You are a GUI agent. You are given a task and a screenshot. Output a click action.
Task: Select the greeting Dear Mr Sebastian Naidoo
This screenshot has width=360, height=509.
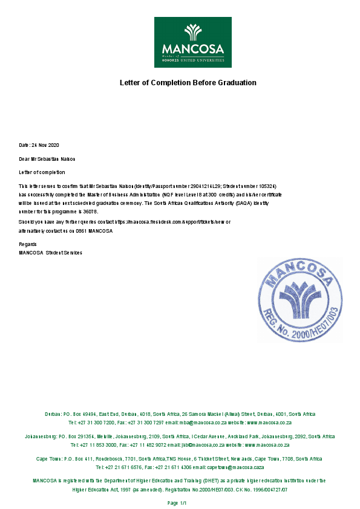pos(47,159)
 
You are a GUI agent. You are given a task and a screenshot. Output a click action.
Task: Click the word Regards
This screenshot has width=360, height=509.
pos(28,244)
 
